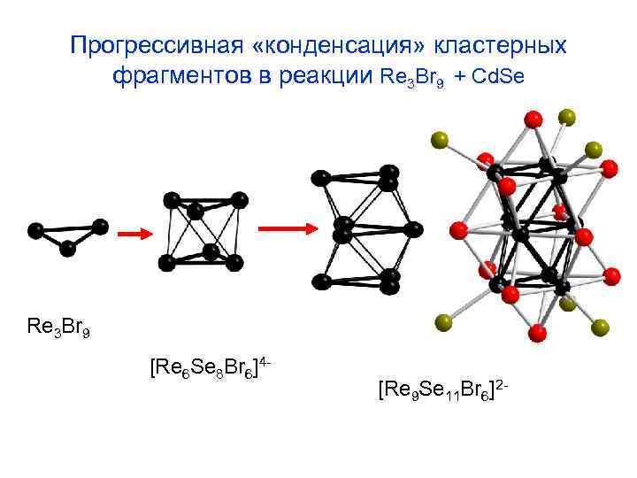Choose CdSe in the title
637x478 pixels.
[499, 77]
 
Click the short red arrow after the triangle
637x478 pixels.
[133, 235]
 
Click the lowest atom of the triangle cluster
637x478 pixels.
[67, 249]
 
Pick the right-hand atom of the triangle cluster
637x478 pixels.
[100, 227]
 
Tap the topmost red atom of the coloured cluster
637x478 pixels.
[533, 119]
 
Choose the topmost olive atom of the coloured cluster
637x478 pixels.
[567, 117]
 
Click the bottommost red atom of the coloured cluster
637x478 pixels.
[536, 332]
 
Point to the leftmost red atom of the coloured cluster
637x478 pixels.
[457, 231]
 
